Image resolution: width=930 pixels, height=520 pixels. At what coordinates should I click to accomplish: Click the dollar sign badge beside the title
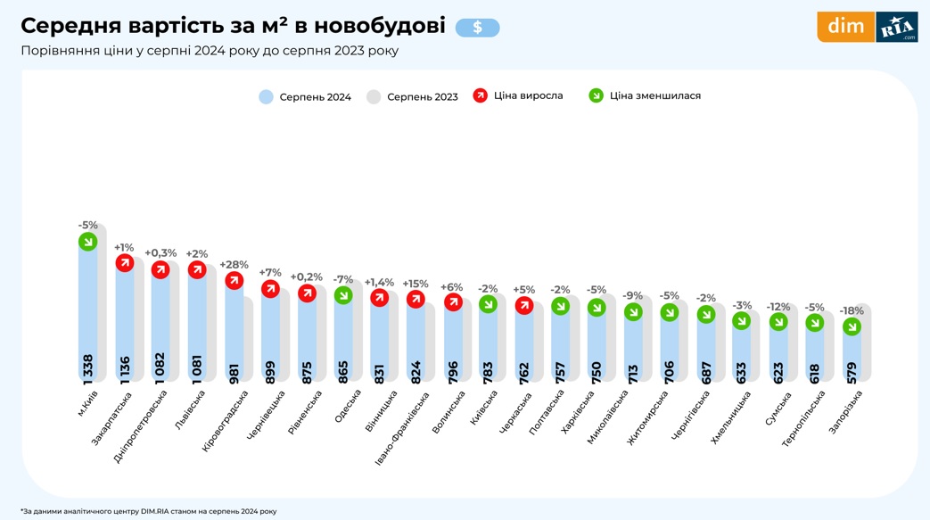coord(477,28)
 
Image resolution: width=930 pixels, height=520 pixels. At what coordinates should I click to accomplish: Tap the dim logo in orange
coord(845,27)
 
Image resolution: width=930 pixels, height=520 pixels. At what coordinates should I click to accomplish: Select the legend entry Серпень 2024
coord(305,96)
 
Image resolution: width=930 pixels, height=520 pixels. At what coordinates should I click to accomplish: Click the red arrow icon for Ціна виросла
coord(481,95)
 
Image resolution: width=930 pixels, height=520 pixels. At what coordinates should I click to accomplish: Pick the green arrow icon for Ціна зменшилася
coord(597,95)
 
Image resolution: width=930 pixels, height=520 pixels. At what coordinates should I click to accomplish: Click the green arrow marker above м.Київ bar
coord(87,242)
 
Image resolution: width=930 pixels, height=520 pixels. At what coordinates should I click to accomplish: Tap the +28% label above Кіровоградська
coord(234,265)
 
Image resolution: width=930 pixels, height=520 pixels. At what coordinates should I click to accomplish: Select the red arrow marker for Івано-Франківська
coord(416,299)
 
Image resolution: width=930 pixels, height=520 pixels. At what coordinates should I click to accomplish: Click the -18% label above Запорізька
coord(852,311)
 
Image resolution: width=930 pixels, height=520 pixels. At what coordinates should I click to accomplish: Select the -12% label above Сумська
coord(778,307)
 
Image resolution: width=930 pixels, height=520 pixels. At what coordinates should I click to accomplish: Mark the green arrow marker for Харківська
coord(597,307)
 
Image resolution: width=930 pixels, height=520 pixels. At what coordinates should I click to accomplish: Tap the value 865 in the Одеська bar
coord(343,367)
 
